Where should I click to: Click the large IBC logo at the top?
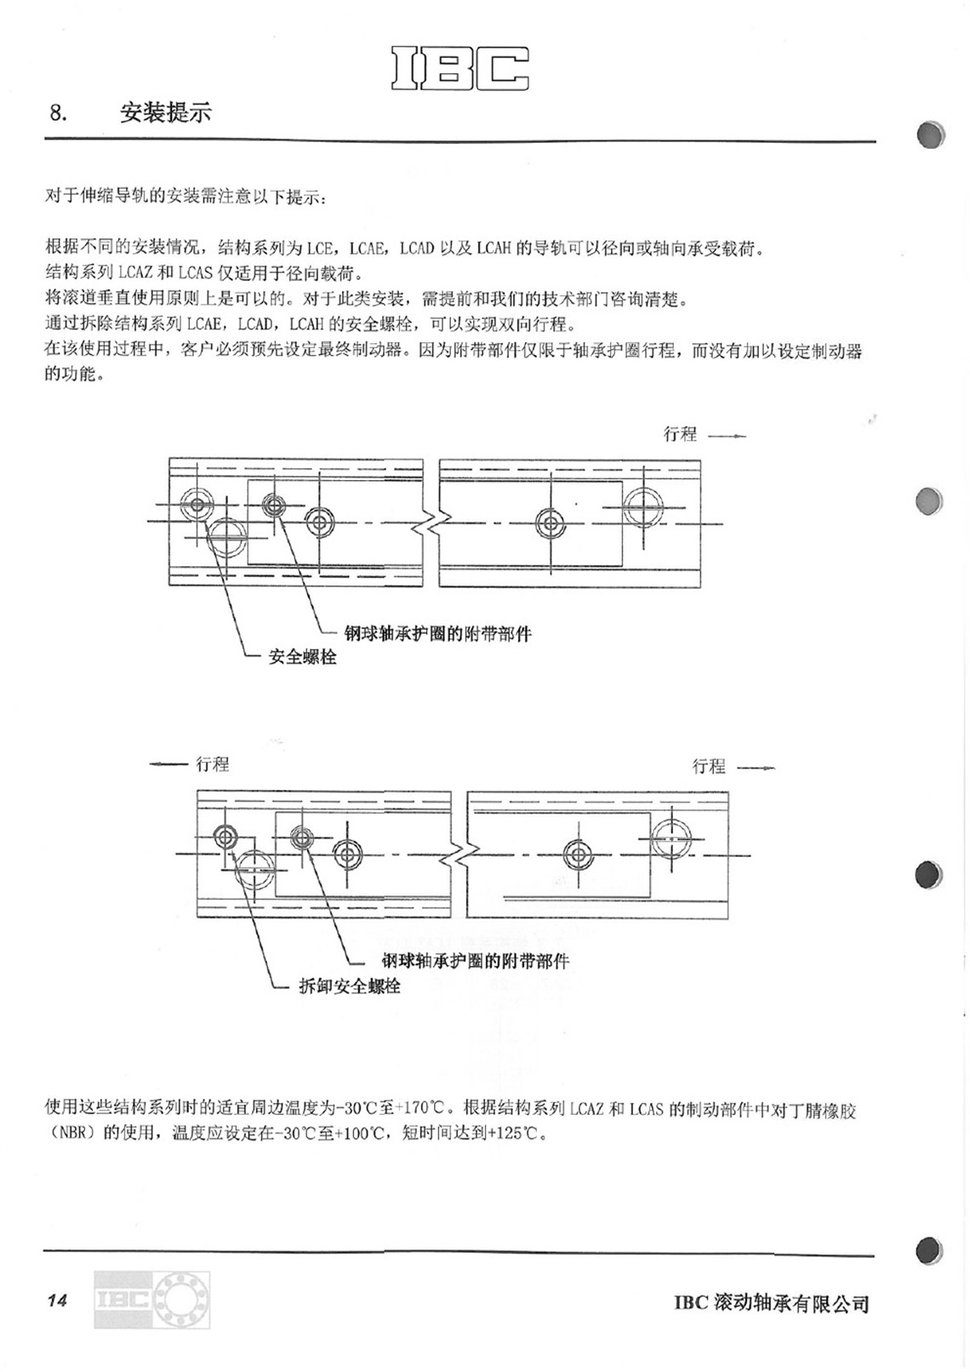point(459,68)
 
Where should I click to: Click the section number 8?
point(58,113)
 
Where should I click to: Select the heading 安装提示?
point(165,112)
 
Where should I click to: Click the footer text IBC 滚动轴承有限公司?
point(772,1302)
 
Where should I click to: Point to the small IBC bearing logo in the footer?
point(151,1300)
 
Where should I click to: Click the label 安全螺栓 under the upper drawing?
point(303,657)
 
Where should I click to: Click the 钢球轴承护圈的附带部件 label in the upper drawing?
point(437,633)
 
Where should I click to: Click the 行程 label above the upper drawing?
point(681,434)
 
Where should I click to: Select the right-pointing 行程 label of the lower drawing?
point(709,766)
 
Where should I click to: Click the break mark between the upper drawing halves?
point(432,523)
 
